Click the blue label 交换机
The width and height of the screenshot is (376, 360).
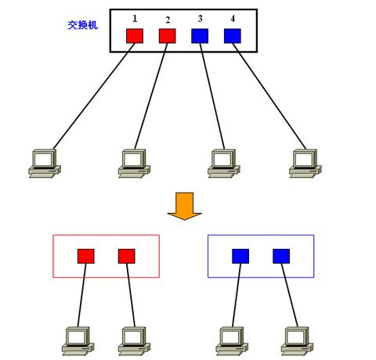click(83, 25)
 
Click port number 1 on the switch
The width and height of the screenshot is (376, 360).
click(135, 16)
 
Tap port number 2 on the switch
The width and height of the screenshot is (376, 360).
click(168, 19)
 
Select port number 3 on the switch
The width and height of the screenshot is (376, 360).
click(201, 16)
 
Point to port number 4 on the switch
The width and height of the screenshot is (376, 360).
click(232, 16)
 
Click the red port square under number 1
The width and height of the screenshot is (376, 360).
click(135, 36)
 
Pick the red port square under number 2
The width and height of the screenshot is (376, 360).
click(167, 36)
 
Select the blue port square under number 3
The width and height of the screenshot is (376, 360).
click(200, 36)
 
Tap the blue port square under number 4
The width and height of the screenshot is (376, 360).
click(232, 36)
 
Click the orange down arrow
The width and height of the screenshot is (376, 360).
click(185, 205)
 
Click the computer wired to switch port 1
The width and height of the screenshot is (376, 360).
click(44, 161)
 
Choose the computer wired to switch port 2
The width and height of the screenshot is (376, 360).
click(134, 161)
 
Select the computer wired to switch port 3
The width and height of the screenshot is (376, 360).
click(223, 161)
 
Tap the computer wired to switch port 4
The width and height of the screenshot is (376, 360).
click(303, 161)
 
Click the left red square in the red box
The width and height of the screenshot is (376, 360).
click(86, 256)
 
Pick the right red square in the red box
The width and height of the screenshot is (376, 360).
click(126, 256)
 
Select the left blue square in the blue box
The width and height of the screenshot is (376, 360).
click(240, 256)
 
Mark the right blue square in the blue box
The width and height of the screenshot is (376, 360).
click(281, 256)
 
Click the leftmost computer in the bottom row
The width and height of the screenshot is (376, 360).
click(78, 339)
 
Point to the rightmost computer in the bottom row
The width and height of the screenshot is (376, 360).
click(294, 339)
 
